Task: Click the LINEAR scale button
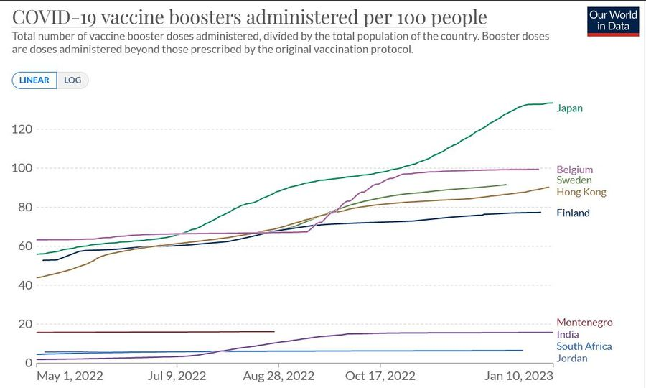tap(34, 80)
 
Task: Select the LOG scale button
tap(72, 80)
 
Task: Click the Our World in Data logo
tap(612, 22)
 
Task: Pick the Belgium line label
tap(575, 170)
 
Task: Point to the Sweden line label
tap(574, 180)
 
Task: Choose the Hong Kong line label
tap(581, 192)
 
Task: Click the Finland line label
tap(573, 213)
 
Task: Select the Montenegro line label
tap(584, 323)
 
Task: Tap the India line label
tap(567, 334)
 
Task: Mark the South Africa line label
tap(584, 346)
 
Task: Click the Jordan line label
tap(572, 359)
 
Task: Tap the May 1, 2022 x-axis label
tap(70, 376)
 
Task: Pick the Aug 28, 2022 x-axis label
tap(279, 376)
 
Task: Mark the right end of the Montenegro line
tap(274, 331)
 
